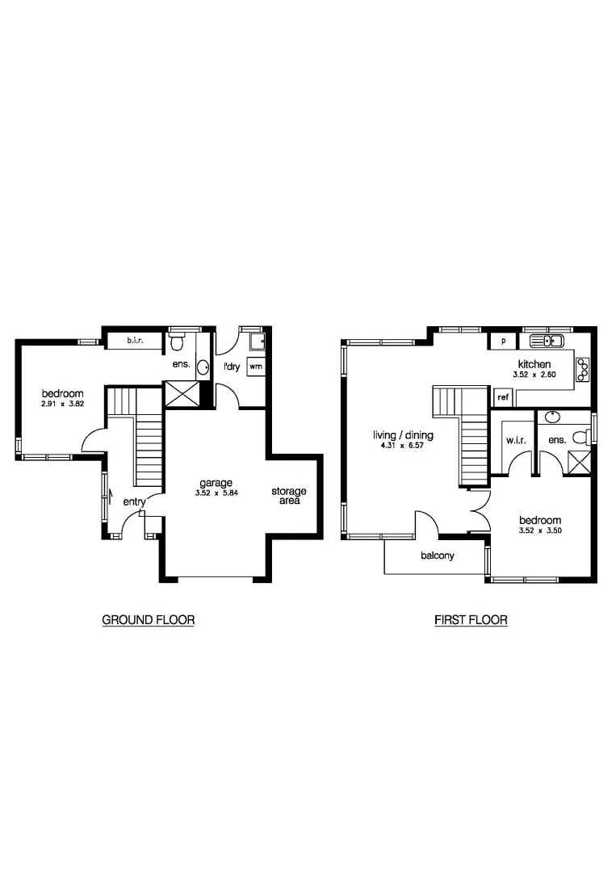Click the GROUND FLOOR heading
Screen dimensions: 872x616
[x=149, y=620]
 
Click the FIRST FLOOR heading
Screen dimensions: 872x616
[x=471, y=620]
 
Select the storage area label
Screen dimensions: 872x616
[x=288, y=496]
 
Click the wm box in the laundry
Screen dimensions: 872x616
[x=255, y=366]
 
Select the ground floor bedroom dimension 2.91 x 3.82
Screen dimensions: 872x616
[x=63, y=404]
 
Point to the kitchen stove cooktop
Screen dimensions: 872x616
[x=581, y=369]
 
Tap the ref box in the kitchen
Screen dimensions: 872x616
[x=502, y=397]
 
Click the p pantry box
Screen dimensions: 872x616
[x=502, y=342]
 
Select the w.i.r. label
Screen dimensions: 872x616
[x=516, y=441]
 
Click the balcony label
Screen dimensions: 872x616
[x=438, y=555]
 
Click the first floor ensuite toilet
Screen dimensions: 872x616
[x=580, y=437]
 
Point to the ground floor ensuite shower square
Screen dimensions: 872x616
[x=182, y=394]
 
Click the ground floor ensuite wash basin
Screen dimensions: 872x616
[x=203, y=367]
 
